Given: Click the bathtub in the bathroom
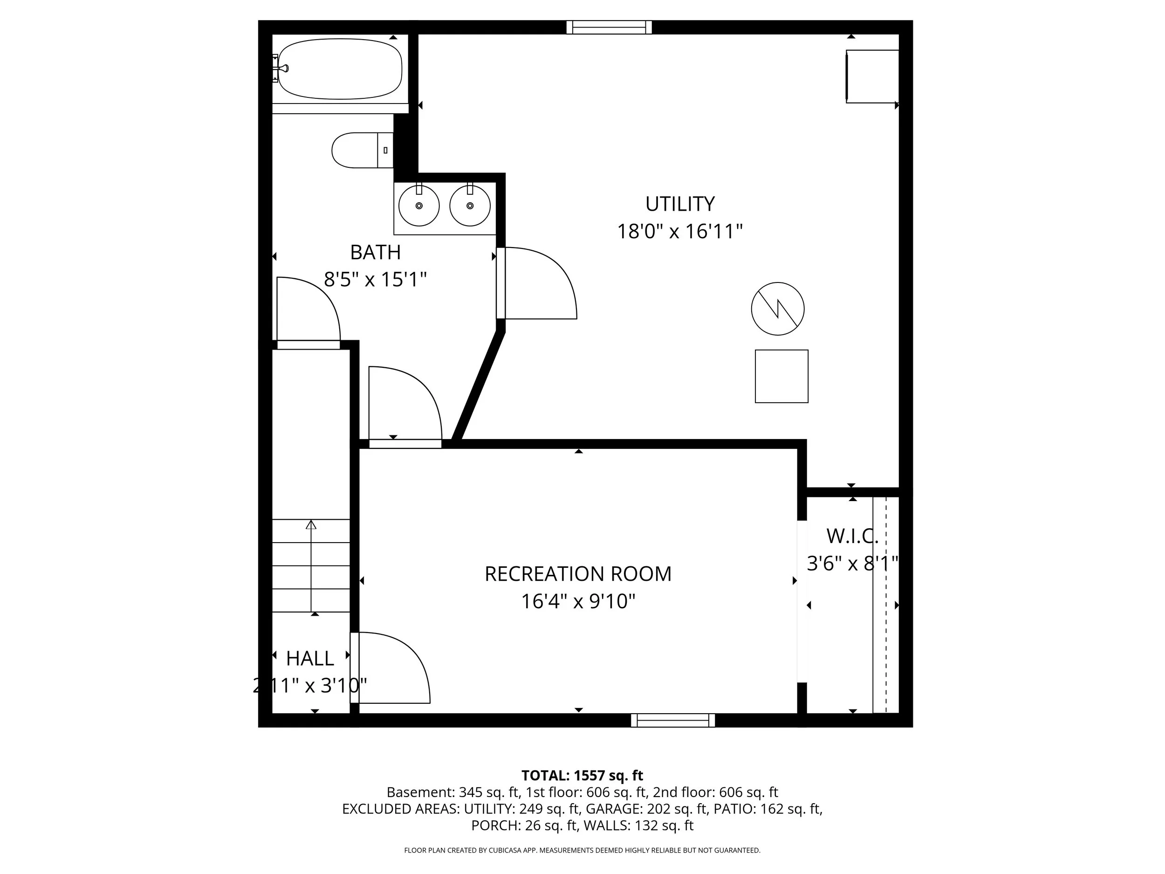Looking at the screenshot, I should [340, 69].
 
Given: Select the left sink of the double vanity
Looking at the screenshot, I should [419, 206].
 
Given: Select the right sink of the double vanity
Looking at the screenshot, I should [470, 206].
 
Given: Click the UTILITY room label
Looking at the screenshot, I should [679, 204].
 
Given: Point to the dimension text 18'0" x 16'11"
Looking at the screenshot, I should [679, 231].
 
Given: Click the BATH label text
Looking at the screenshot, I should [375, 252].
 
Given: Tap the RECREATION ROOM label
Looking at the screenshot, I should [578, 574].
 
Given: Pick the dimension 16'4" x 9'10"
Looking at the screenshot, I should [578, 601].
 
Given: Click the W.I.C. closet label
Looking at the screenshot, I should [852, 537].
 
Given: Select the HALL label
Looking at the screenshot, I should [310, 659].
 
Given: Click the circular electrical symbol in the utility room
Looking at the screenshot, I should [777, 309].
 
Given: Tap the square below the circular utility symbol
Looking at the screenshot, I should [781, 376].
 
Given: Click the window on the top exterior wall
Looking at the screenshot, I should [609, 27].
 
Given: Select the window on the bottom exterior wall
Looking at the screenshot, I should [672, 720].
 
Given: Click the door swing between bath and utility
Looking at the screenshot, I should [540, 284].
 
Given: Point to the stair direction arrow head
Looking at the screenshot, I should [311, 525].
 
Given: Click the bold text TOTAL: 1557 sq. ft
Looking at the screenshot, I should [582, 776].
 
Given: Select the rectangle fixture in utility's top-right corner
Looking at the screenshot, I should [871, 76].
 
